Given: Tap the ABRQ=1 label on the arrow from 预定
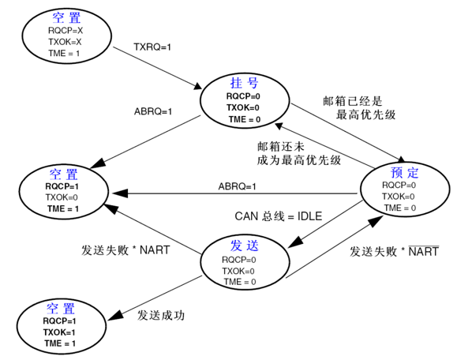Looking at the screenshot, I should point(238,186).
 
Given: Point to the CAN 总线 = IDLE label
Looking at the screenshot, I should point(279,216).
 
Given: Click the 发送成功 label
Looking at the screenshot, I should point(161,315).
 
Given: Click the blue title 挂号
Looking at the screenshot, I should point(243,83).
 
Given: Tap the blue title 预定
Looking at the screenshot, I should point(404,172).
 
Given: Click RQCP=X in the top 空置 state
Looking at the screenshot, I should point(65,31).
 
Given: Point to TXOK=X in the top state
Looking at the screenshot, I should point(65,42).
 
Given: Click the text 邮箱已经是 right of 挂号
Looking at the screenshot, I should point(352,101).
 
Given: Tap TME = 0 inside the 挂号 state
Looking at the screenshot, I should point(243,119).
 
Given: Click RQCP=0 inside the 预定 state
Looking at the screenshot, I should point(399,186).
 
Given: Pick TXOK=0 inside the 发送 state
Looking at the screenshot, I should point(238,271).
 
